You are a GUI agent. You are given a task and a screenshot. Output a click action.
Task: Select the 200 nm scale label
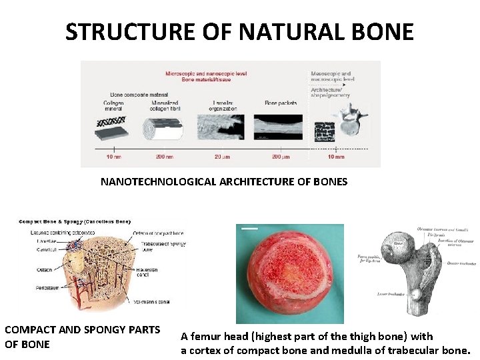[165, 157]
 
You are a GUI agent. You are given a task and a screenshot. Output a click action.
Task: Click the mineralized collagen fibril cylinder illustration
[167, 127]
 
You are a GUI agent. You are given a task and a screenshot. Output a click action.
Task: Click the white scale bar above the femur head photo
[249, 228]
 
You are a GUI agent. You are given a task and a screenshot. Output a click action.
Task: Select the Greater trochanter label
[461, 263]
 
